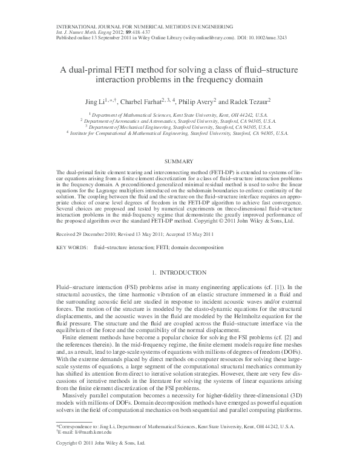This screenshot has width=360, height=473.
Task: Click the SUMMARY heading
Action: [x=180, y=161]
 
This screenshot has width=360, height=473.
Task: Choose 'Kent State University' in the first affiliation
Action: [x=185, y=114]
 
